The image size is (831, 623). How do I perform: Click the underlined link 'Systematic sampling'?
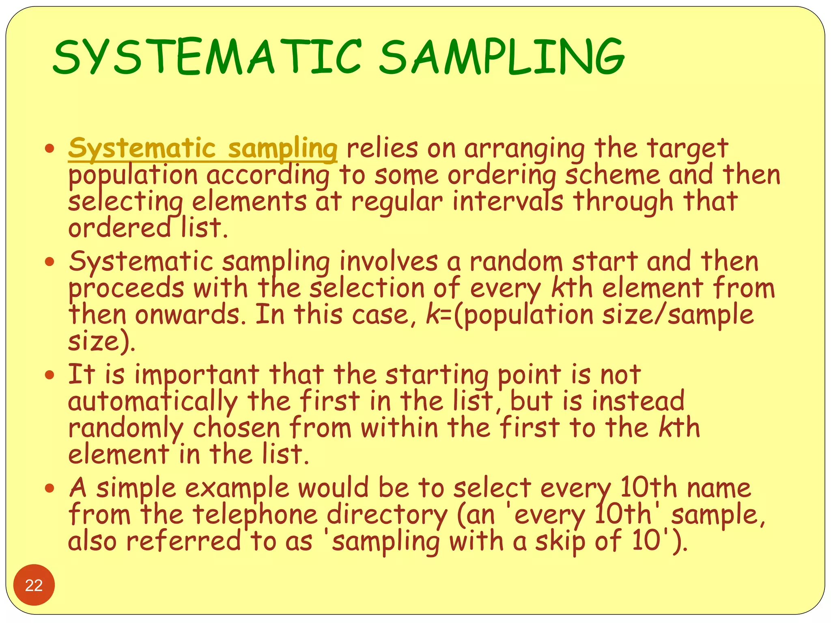coord(202,148)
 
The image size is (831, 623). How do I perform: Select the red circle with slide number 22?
coord(34,584)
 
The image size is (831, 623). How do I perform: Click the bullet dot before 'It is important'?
coord(50,375)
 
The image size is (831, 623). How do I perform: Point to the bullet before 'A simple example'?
coord(50,488)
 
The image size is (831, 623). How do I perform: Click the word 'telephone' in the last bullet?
coord(255,515)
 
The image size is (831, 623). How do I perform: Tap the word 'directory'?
coord(387,515)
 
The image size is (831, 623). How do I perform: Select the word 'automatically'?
coord(153,402)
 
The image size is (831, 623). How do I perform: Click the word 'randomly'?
coord(126,428)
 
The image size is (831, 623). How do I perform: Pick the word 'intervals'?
coord(508,202)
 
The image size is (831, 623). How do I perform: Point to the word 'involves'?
coord(389,262)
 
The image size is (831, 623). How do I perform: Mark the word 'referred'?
coord(183,542)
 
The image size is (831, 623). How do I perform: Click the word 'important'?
coord(197,375)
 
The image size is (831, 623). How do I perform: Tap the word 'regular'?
coord(396,202)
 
